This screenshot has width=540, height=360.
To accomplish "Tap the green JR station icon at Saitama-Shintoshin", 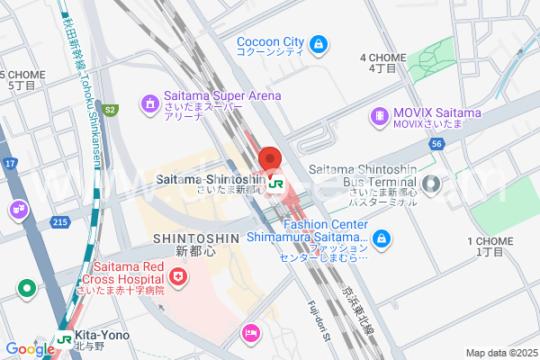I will click(276, 183).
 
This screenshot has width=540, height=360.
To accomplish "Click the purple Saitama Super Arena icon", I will click(148, 104).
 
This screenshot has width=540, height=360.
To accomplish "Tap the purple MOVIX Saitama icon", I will click(379, 116).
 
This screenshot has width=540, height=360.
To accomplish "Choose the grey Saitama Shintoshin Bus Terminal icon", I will click(431, 185).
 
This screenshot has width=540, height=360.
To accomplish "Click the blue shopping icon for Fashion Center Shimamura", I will click(382, 238).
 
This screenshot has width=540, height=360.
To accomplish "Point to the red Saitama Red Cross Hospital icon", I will click(180, 275).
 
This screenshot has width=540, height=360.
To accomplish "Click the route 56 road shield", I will click(436, 143).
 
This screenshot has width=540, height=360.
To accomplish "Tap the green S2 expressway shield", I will click(110, 110).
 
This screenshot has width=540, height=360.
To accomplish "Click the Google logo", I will click(30, 348).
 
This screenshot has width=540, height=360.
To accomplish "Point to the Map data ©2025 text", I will click(499, 352).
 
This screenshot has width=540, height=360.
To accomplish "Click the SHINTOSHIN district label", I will click(195, 238).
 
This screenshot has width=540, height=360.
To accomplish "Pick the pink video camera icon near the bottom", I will click(251, 334).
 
